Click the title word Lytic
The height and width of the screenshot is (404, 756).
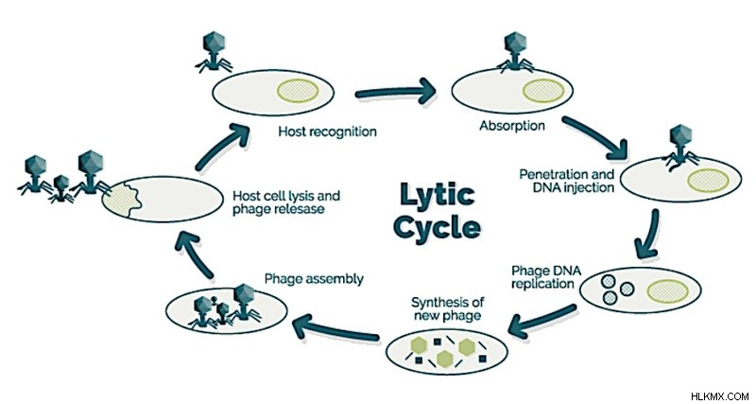coord(438,194)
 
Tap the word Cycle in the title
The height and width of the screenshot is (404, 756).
coord(437,226)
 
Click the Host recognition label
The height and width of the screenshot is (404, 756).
coord(327,132)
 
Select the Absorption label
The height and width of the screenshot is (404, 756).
coord(512,126)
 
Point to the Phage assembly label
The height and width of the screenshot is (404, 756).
coord(314,278)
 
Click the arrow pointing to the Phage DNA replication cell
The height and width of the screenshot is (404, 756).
coord(648,235)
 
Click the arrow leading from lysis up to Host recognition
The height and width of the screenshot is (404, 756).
coord(221,147)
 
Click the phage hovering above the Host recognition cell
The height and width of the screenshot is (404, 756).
coord(214,52)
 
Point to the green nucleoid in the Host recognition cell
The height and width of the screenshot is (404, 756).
coord(298,91)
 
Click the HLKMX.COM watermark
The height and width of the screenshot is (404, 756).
coord(720,396)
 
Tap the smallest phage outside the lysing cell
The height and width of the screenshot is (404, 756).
coord(60,188)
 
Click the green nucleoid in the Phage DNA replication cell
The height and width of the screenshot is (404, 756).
coord(668,291)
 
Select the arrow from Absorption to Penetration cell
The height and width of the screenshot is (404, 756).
coord(595,137)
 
